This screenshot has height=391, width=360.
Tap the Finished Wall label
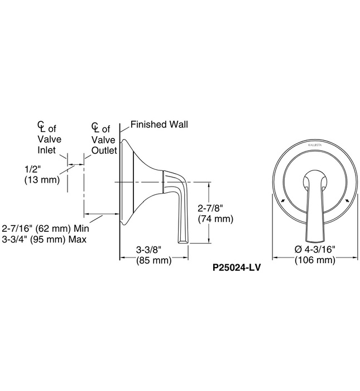pos(159,125)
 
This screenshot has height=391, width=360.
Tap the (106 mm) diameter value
pos(315,260)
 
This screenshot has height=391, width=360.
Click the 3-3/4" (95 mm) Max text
pos(47,239)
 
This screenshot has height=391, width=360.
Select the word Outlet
pos(104,150)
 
